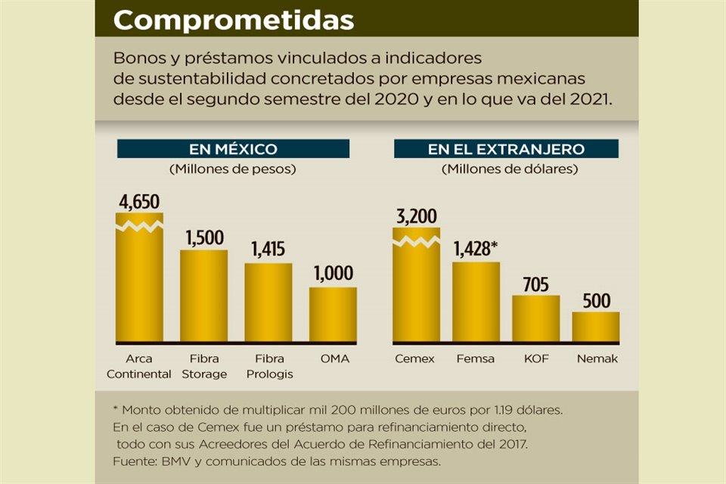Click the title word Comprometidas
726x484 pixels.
pos(233,20)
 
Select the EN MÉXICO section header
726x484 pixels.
pos(232,149)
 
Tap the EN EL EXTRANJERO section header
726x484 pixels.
pos(505,149)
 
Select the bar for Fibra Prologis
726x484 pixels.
pos(268,302)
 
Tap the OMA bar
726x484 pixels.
pos(333,315)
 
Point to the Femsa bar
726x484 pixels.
pos(476,302)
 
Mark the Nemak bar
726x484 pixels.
pos(595,327)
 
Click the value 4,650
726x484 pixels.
pos(139,202)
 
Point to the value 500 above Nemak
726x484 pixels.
pos(595,300)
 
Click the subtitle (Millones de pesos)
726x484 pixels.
pos(232,169)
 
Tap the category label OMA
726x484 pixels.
pos(334,358)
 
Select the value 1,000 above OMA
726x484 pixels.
pos(333,275)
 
